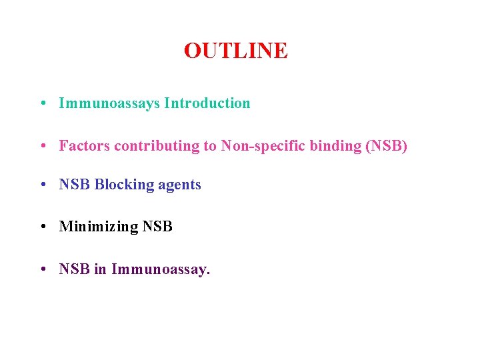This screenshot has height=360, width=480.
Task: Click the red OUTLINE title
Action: coord(235,51)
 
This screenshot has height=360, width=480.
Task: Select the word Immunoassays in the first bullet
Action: coord(109,103)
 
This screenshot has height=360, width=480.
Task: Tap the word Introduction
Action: coord(207,103)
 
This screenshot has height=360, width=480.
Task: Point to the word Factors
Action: coord(85,145)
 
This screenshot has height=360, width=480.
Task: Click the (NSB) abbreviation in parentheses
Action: coord(386,145)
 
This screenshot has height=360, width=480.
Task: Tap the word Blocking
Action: coord(125,185)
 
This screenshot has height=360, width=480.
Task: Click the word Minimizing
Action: coord(99,227)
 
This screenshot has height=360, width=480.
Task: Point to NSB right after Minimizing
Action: coord(157,227)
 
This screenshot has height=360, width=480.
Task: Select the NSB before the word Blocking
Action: coord(75,185)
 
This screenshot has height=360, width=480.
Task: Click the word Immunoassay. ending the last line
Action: coord(161,269)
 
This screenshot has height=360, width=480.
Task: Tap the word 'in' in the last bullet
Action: coord(101,269)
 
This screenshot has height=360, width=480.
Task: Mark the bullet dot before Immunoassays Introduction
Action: coord(42,104)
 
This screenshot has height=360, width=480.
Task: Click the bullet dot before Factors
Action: coord(42,146)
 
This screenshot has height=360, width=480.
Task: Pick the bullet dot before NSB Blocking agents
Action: coord(42,185)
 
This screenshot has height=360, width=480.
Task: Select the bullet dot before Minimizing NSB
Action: coord(42,227)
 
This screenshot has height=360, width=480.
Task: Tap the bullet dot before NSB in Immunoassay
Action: coord(42,270)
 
